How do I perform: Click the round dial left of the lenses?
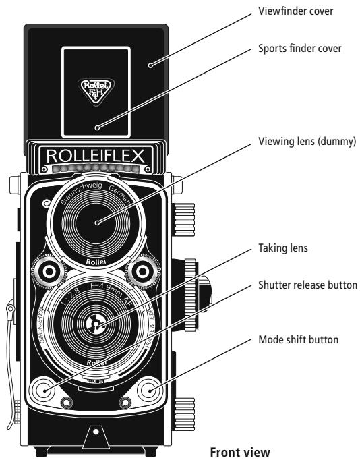point(50,270)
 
